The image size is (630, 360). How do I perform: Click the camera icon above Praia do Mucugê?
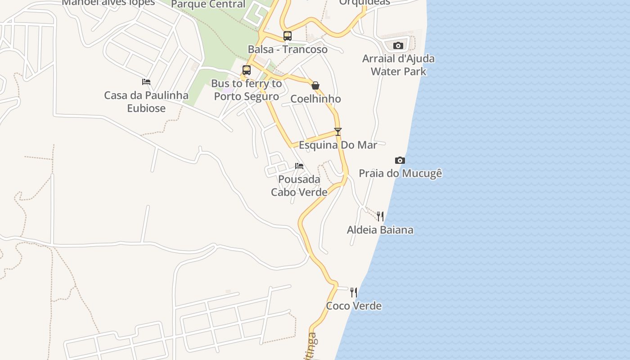click(400, 160)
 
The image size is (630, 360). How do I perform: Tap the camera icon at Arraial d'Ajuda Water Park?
click(398, 45)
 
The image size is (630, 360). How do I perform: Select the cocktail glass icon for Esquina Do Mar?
click(338, 131)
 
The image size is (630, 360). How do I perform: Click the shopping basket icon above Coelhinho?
click(315, 85)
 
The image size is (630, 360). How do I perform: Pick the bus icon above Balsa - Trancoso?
click(287, 36)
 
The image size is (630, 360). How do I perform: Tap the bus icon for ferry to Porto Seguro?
click(246, 70)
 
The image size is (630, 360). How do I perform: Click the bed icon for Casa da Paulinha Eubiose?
click(146, 82)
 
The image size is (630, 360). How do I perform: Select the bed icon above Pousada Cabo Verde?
click(299, 166)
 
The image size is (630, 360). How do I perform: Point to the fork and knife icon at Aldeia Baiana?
click(380, 216)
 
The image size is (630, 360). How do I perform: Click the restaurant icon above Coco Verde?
click(354, 292)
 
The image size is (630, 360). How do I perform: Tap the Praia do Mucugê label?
click(400, 173)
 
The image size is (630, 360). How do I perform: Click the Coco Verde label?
click(354, 306)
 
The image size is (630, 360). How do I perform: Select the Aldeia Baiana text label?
click(380, 230)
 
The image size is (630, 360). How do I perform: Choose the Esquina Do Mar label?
click(338, 145)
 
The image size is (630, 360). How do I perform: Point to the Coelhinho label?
click(315, 99)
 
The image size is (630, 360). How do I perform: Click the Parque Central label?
click(208, 4)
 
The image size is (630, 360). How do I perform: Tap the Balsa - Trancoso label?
click(288, 49)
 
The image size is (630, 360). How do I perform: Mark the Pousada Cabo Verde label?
click(299, 185)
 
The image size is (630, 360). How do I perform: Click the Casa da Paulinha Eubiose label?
click(146, 102)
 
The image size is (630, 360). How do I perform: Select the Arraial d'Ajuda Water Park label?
click(398, 65)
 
